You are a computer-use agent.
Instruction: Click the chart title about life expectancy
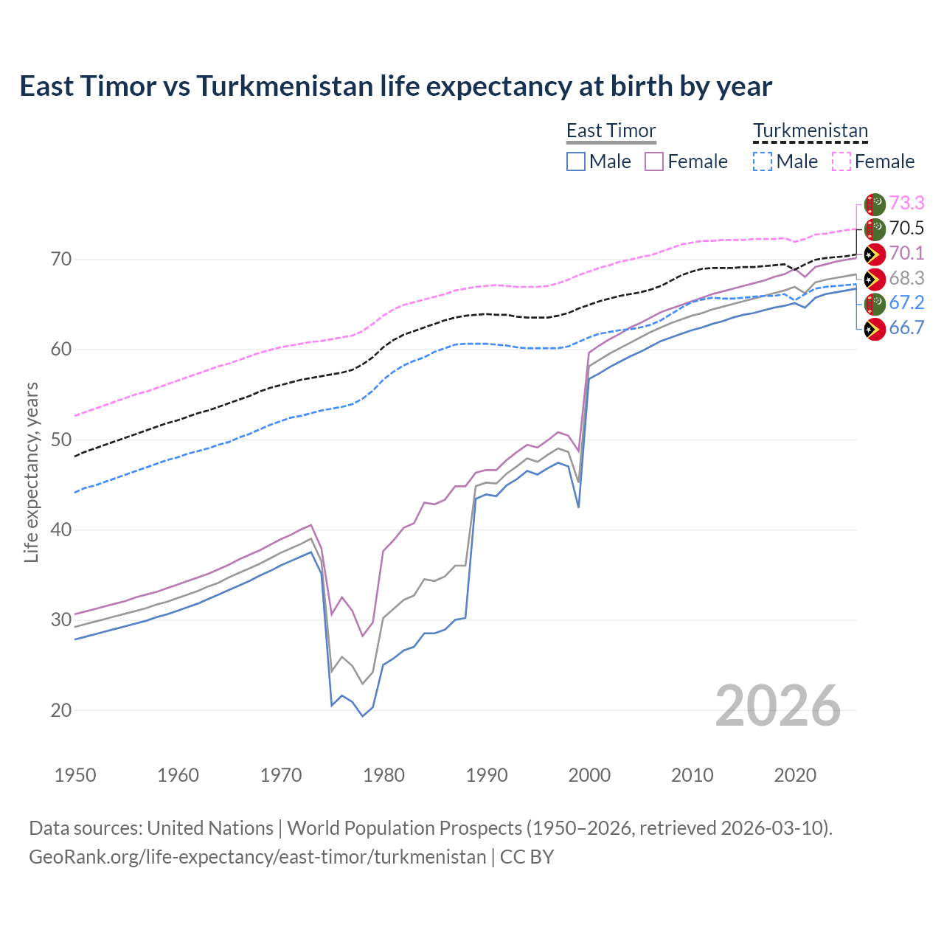coord(395,86)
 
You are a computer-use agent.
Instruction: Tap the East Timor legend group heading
coord(611,131)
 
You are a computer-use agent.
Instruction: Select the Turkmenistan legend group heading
coord(810,131)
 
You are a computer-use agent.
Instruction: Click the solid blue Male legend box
coord(576,162)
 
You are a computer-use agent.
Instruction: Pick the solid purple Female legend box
coord(654,162)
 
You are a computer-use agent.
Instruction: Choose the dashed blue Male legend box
coord(763,162)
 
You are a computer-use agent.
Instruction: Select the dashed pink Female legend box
coord(841,162)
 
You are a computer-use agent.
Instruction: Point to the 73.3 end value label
coord(906,203)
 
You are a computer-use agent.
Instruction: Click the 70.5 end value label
coord(906,228)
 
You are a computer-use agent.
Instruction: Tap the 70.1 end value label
coord(906,253)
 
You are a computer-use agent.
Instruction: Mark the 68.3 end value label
coord(906,278)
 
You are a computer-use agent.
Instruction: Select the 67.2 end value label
coord(906,302)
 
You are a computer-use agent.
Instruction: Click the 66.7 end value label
coord(906,327)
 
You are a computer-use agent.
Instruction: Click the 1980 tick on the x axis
coord(384,775)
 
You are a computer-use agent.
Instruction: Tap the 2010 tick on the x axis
coord(692,775)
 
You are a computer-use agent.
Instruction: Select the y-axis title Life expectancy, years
coord(31,472)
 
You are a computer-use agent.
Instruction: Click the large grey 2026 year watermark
coord(777,706)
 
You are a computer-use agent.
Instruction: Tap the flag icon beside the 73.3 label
coord(875,204)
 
